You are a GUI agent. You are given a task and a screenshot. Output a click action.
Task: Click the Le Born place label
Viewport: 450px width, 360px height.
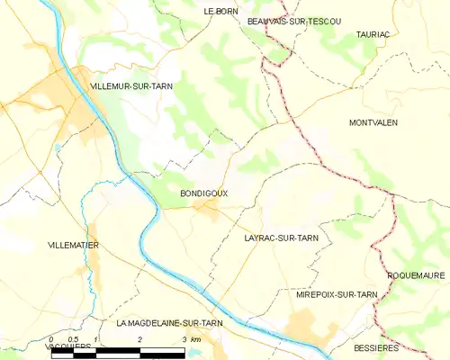tap(220, 11)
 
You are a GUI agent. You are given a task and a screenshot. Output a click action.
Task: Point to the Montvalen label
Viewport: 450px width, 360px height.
tap(373, 121)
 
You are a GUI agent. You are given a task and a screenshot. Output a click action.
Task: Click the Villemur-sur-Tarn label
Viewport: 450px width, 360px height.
tap(131, 85)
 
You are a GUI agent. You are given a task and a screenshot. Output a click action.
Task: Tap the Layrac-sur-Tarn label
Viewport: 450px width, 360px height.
tap(281, 238)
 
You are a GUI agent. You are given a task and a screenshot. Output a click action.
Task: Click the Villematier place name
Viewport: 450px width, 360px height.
tap(74, 245)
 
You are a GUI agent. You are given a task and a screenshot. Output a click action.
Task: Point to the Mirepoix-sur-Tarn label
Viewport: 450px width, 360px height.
tap(337, 294)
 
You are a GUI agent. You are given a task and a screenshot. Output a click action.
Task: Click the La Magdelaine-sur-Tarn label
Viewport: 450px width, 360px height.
tap(169, 322)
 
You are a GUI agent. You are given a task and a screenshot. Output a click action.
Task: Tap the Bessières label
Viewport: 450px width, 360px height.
tap(375, 346)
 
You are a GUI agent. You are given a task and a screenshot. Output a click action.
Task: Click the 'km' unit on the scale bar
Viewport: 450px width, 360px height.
tap(195, 339)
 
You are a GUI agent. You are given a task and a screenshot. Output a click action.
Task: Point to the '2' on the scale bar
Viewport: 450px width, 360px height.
tap(139, 339)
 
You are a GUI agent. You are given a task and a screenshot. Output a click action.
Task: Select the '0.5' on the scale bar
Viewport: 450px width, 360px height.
tap(74, 339)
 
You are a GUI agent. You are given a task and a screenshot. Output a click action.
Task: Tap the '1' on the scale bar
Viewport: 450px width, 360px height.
tap(95, 339)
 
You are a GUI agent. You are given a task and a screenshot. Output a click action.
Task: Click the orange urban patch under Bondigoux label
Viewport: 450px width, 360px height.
tap(210, 211)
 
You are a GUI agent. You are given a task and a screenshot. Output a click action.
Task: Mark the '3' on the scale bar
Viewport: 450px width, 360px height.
tap(184, 339)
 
